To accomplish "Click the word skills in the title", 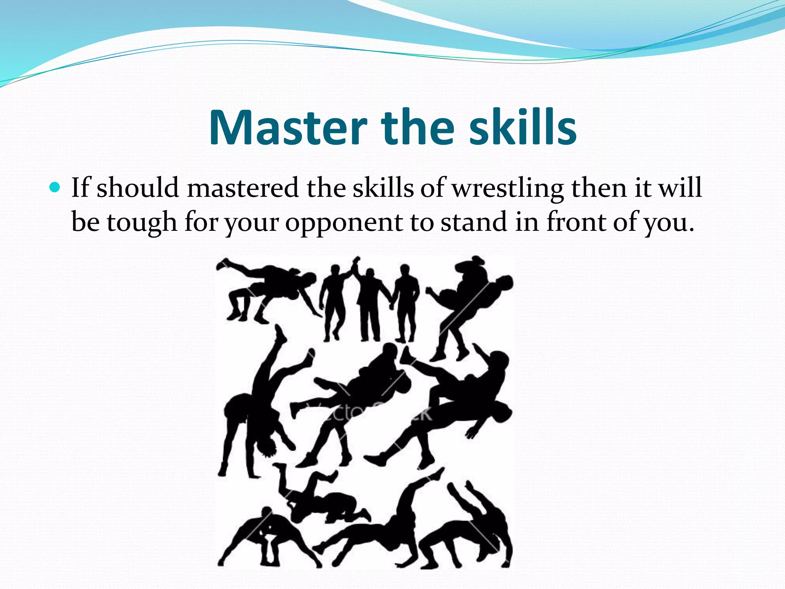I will coord(523,128).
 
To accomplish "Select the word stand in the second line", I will coord(474,222).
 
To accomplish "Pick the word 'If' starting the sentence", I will coord(80,188).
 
